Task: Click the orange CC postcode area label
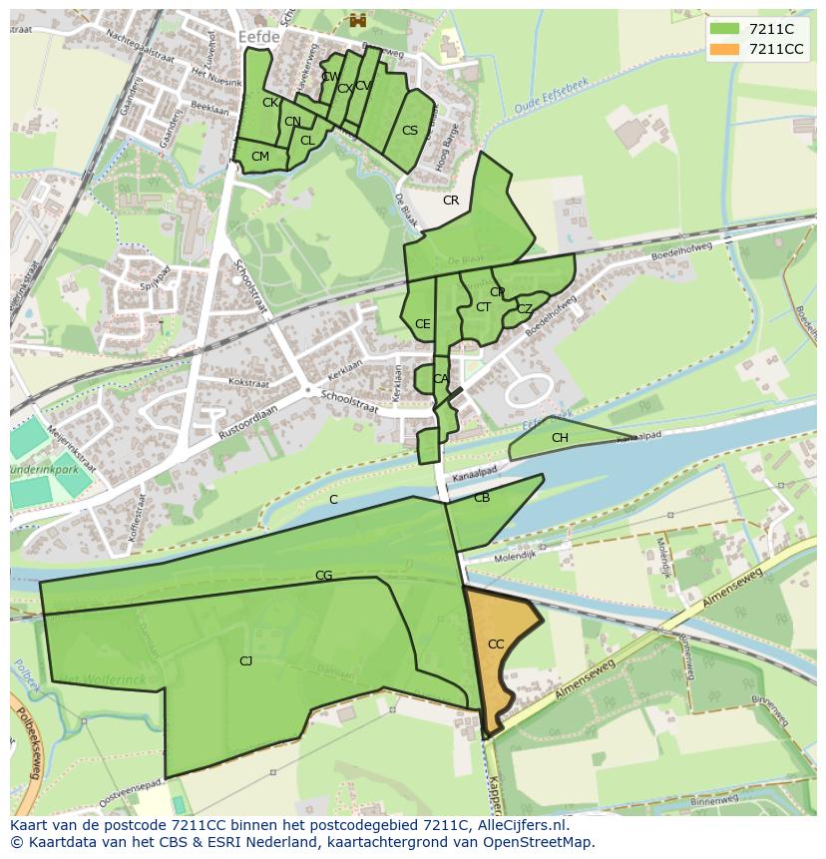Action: coord(496,644)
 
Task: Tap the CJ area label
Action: coord(245,660)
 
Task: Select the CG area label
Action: coord(323,576)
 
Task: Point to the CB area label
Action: coord(482,498)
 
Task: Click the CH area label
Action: coord(560,438)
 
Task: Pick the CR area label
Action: coord(451,201)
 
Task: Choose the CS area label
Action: coord(410,131)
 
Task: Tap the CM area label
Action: coord(260,157)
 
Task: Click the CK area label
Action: coord(270,103)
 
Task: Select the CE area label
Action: coord(423,324)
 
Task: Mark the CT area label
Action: coord(483,307)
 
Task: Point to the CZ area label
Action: coord(525,309)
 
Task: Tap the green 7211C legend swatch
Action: coord(725,29)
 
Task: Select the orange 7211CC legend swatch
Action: coord(725,49)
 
